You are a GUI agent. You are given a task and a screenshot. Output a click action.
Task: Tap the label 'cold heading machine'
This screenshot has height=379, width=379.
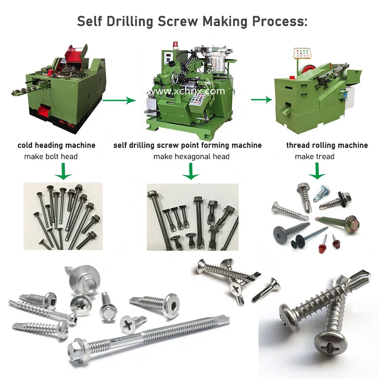(56, 145)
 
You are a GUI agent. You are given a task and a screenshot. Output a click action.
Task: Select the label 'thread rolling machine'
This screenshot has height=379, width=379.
(327, 145)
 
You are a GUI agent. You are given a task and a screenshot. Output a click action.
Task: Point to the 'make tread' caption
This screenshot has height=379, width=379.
(314, 156)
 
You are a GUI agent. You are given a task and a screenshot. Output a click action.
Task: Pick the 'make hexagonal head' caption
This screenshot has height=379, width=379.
(191, 156)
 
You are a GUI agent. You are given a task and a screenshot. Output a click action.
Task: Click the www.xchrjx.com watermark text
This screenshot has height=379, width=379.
(189, 91)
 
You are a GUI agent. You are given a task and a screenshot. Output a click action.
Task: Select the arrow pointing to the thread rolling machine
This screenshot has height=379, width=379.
(261, 99)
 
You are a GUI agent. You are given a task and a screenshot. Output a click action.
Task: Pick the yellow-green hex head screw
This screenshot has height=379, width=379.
(352, 220)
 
